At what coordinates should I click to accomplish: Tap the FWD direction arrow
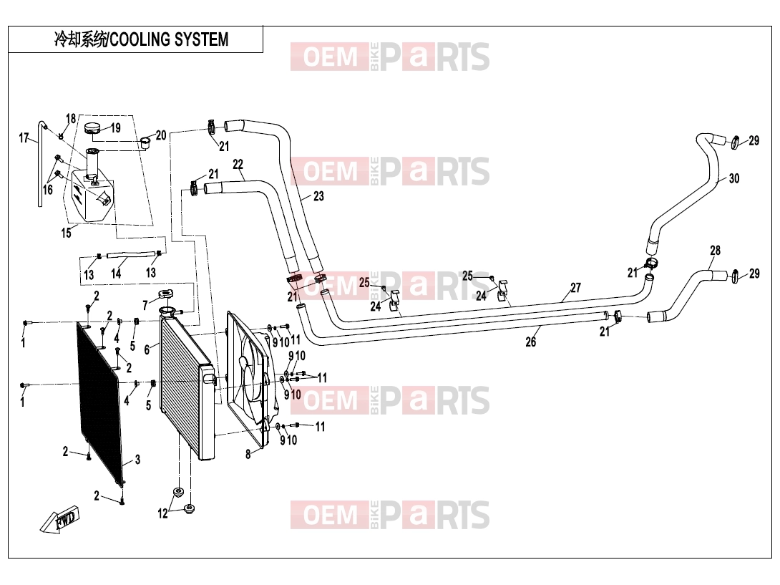[59, 521]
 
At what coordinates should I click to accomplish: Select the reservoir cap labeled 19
[92, 128]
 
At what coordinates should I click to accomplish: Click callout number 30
[733, 178]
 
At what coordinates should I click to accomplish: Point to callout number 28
[715, 251]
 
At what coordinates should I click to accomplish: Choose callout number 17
[24, 138]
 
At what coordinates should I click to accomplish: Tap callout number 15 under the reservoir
[66, 233]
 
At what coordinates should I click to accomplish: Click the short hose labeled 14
[129, 256]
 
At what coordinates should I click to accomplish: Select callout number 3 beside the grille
[138, 460]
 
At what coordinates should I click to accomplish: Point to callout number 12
[162, 513]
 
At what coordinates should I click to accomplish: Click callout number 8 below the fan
[248, 454]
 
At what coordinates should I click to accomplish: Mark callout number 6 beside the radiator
[147, 350]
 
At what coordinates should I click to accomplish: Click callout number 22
[238, 164]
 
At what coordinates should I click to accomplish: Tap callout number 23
[318, 196]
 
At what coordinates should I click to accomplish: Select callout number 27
[575, 288]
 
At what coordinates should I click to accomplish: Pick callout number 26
[531, 342]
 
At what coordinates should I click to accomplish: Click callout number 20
[161, 135]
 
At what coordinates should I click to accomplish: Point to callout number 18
[71, 118]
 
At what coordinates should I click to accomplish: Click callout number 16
[48, 190]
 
